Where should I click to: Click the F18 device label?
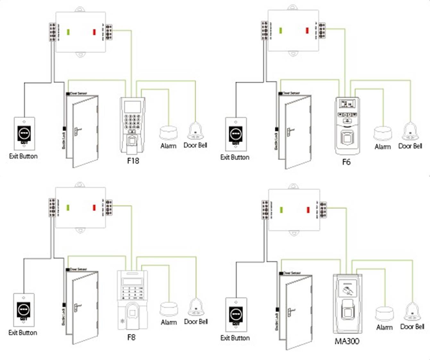pyautogui.click(x=133, y=160)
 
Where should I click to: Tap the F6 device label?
pyautogui.click(x=346, y=162)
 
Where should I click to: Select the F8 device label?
pyautogui.click(x=131, y=337)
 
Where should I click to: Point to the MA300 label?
pyautogui.click(x=347, y=341)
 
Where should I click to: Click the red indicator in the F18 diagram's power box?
pyautogui.click(x=94, y=32)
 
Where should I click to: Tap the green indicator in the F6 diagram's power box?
pyautogui.click(x=281, y=30)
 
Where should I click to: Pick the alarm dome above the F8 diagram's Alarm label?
pyautogui.click(x=169, y=309)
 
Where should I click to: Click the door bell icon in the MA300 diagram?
pyautogui.click(x=412, y=311)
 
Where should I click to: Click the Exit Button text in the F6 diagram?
pyautogui.click(x=235, y=157)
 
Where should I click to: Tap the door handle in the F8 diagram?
pyautogui.click(x=77, y=307)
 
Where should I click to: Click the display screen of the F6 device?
pyautogui.click(x=347, y=104)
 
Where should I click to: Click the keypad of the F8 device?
pyautogui.click(x=132, y=292)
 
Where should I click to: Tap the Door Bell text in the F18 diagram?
pyautogui.click(x=195, y=145)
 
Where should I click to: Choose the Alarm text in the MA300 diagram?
pyautogui.click(x=384, y=328)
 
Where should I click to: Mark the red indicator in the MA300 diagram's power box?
pyautogui.click(x=308, y=210)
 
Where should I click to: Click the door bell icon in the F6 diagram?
pyautogui.click(x=410, y=132)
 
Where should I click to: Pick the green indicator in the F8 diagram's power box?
pyautogui.click(x=68, y=208)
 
